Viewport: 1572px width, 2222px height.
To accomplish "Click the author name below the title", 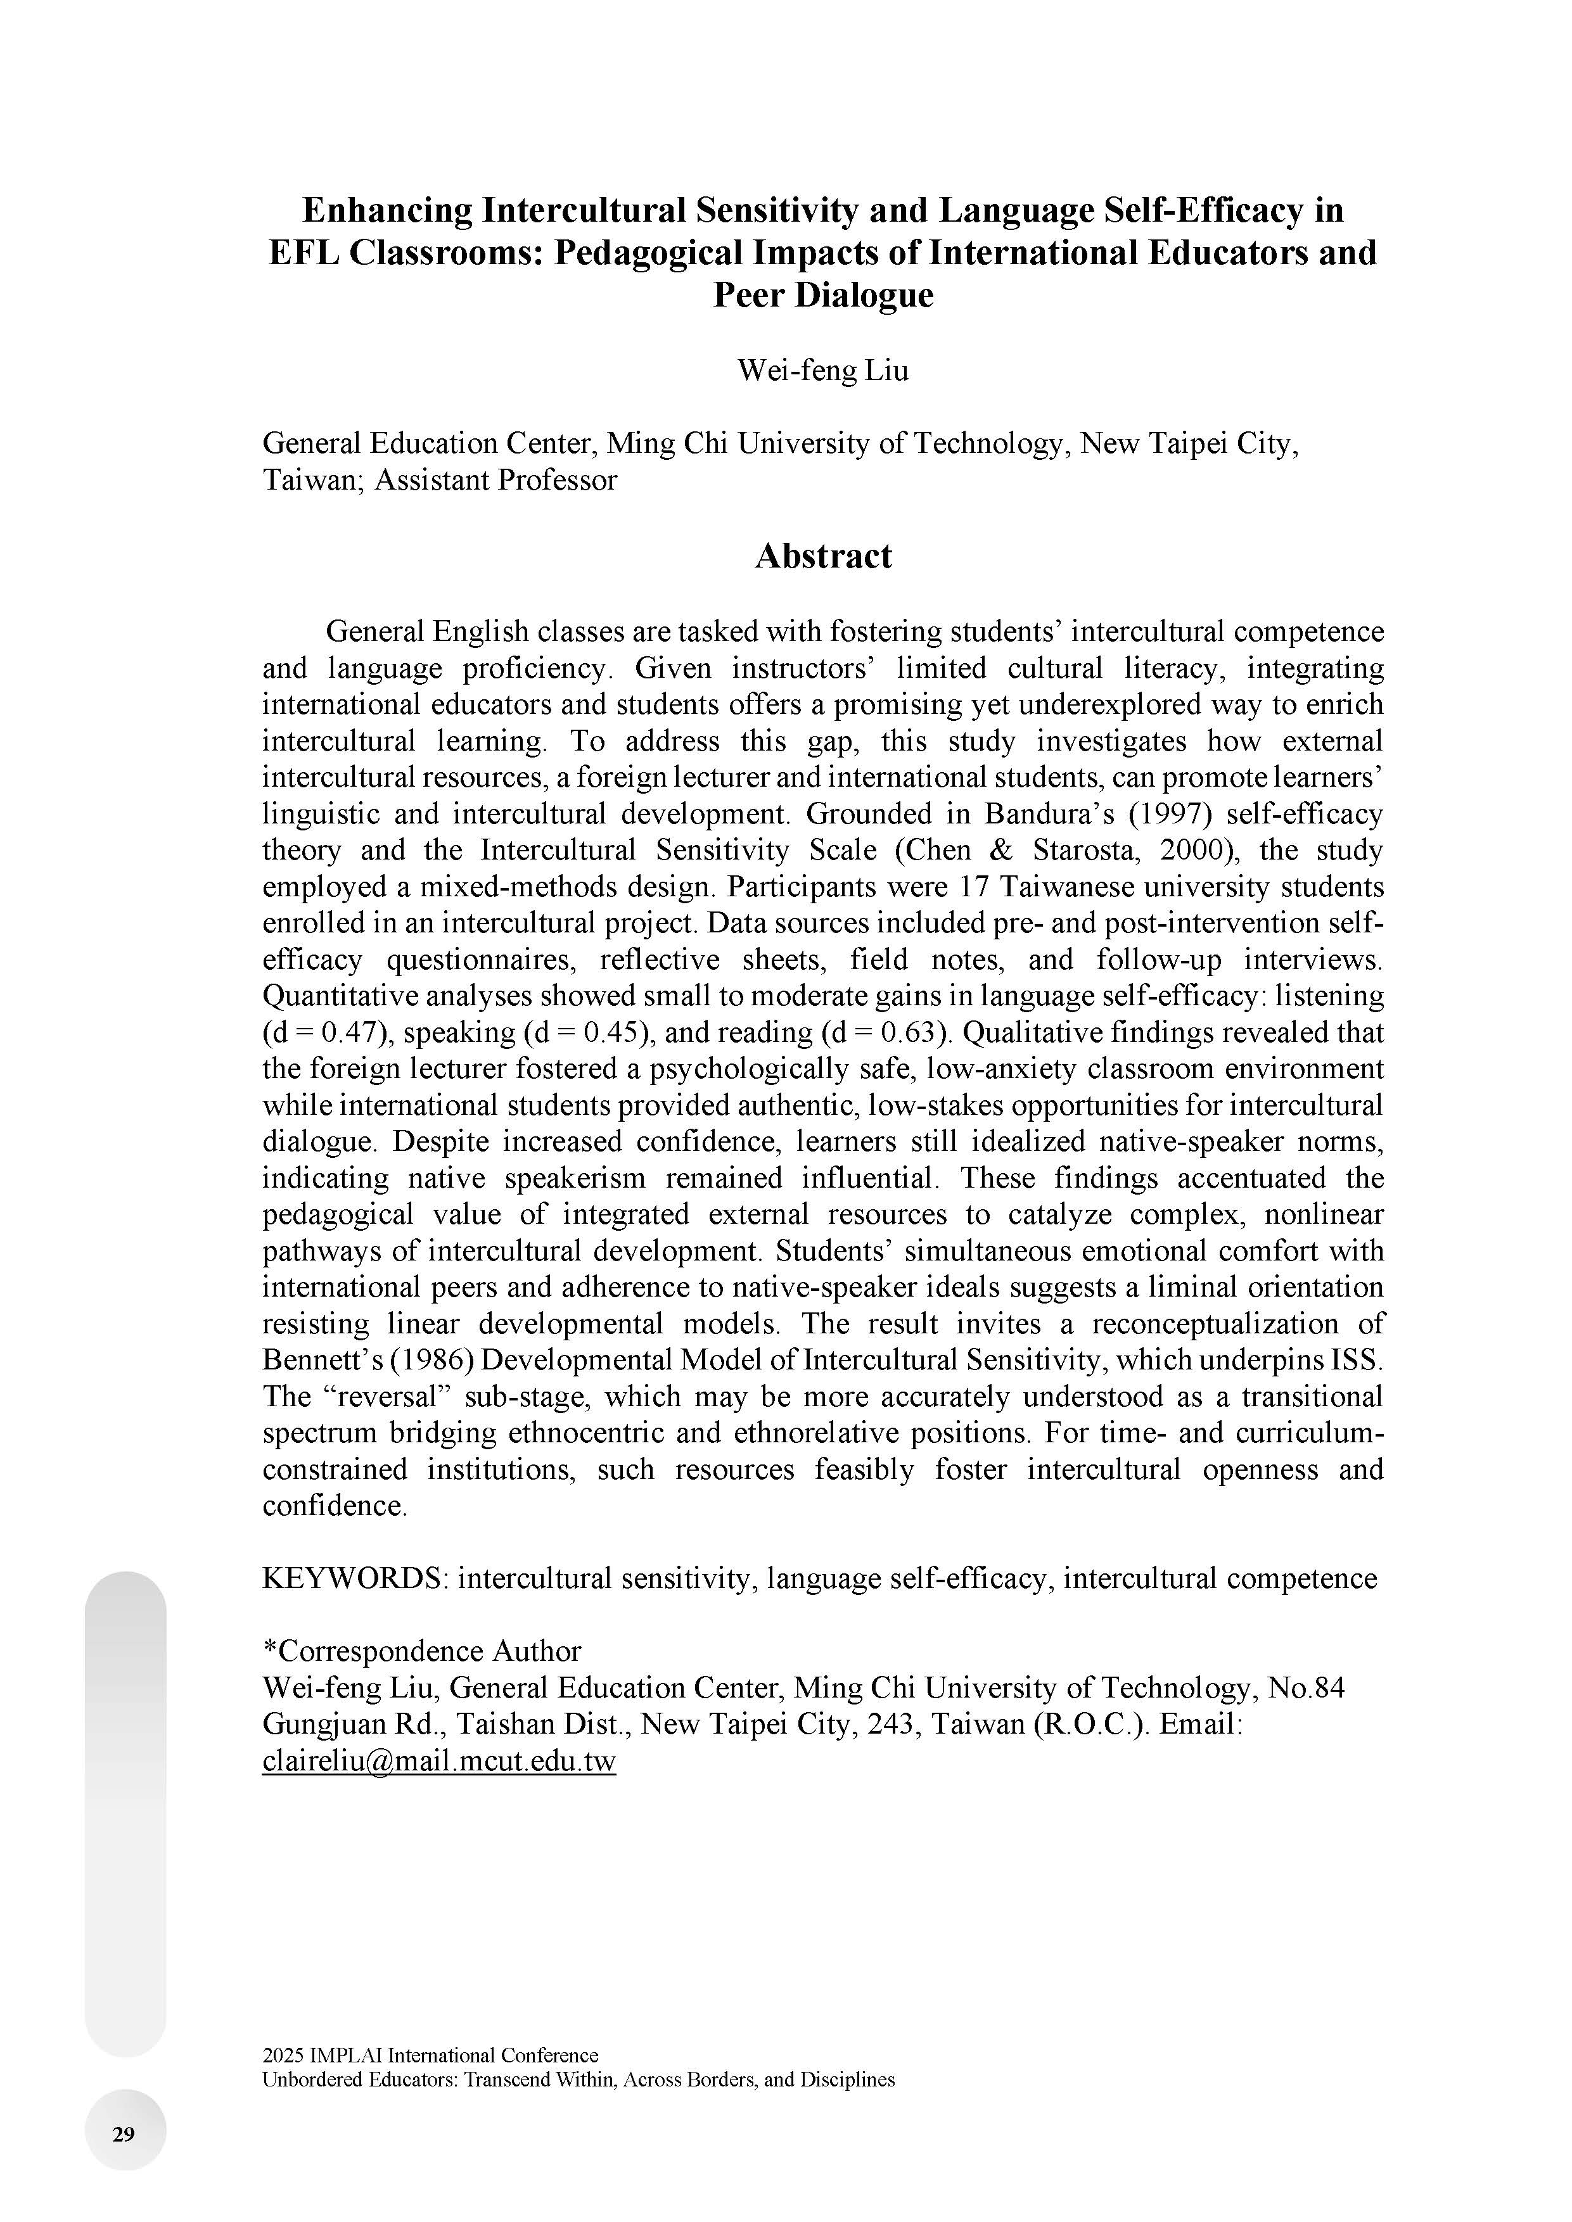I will (823, 371).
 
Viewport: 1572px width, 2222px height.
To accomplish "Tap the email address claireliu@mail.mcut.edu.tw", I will (438, 1760).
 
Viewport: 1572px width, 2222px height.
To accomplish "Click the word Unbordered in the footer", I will (308, 2079).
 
